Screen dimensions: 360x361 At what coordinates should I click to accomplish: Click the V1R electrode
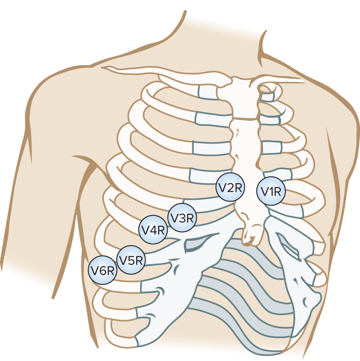[272, 192]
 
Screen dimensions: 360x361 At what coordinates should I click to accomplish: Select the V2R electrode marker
[230, 188]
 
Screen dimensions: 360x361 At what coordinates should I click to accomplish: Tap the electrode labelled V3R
[182, 218]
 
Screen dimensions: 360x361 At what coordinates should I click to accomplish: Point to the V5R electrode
[130, 259]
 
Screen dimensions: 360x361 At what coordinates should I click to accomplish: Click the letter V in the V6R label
[95, 271]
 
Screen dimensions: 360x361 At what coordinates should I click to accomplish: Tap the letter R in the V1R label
[278, 192]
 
